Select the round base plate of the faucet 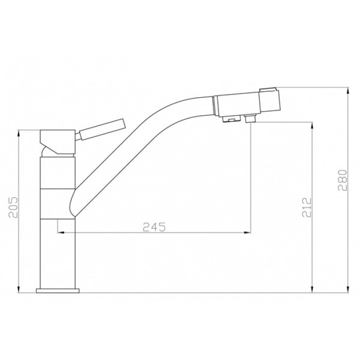tap(58, 291)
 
